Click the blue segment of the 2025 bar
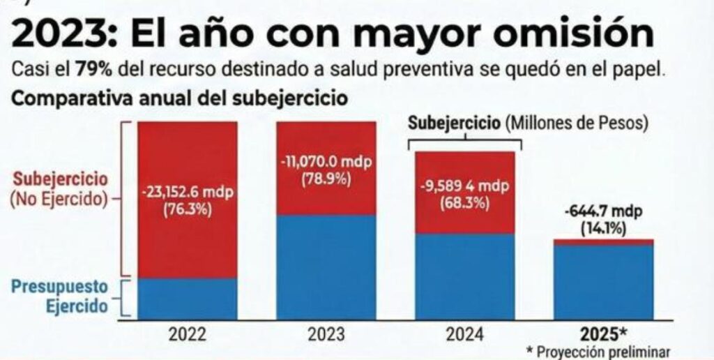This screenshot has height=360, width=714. point(604,282)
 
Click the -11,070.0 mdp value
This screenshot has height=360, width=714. point(326,162)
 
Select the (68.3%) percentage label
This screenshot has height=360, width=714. point(465,204)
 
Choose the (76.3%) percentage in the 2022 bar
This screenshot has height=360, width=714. point(187,210)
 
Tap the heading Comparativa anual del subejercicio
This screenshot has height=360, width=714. point(179,98)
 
